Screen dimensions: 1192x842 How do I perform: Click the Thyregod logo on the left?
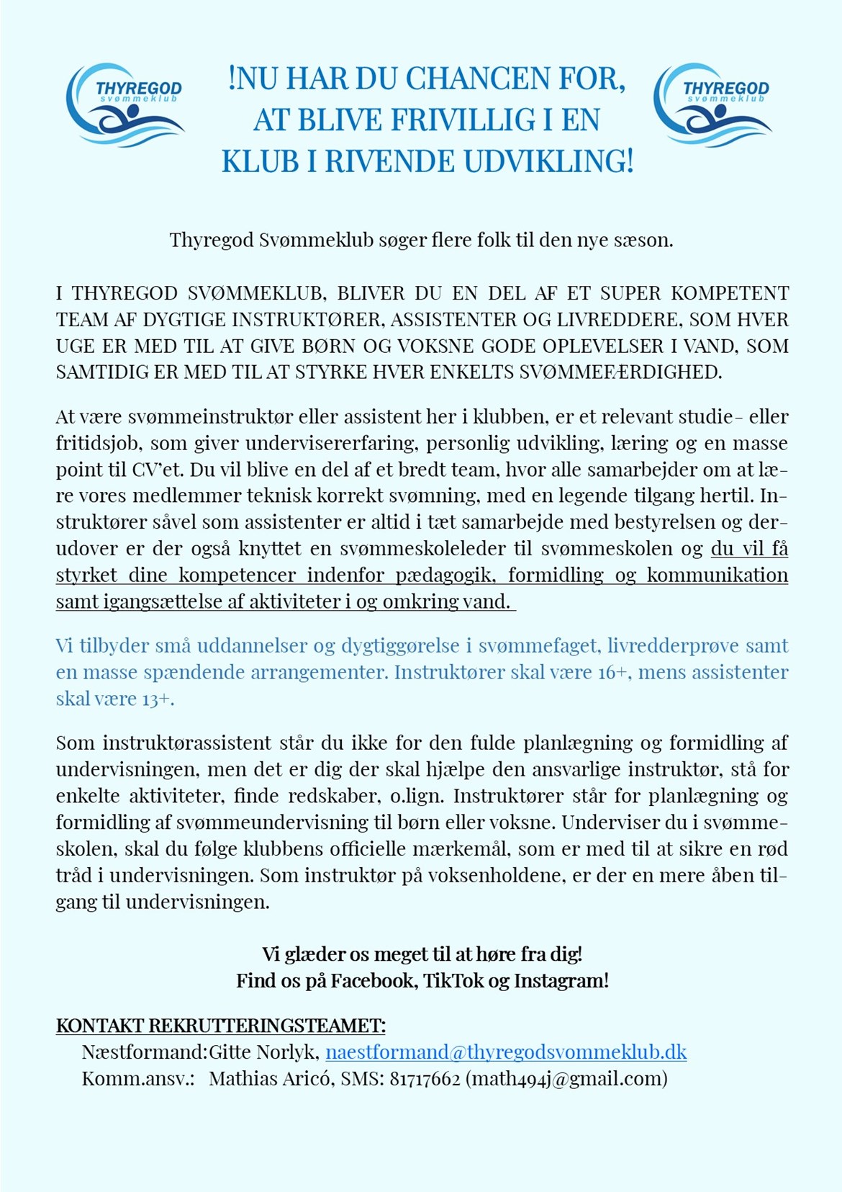pos(125,105)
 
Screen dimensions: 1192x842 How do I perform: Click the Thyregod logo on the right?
pos(712,105)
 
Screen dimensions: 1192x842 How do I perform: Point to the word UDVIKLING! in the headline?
pos(548,162)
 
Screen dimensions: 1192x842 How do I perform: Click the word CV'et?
pos(158,470)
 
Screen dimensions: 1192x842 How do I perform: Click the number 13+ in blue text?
pos(158,699)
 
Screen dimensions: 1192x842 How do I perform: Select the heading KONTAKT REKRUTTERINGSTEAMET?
pos(221,1026)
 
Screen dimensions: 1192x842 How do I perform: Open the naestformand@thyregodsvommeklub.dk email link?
pos(506,1052)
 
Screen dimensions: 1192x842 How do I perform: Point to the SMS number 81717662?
pos(425,1079)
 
